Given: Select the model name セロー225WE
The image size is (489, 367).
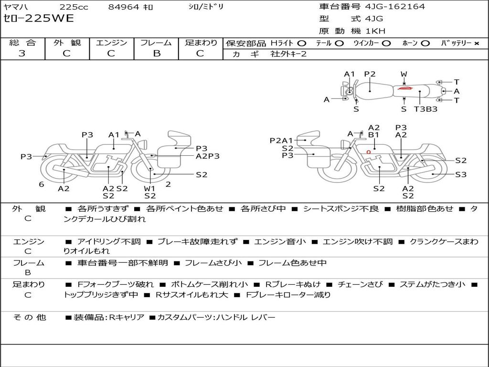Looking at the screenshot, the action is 39,19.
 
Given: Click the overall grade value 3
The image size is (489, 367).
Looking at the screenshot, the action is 22,54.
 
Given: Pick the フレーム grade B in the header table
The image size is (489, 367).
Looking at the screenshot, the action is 157,54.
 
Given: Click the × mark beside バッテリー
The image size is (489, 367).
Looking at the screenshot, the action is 477,43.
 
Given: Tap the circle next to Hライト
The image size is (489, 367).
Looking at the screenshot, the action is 302,43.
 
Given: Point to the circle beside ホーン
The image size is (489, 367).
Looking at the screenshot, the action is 425,43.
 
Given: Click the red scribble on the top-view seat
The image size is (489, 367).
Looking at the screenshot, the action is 404,88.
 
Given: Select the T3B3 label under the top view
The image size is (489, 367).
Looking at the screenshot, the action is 425,109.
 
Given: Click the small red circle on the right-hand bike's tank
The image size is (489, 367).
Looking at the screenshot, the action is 369,152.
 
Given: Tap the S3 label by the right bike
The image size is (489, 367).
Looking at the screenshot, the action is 461,174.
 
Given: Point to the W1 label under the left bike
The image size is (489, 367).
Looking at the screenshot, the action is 149,188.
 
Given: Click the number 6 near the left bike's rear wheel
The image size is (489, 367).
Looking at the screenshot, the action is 42,184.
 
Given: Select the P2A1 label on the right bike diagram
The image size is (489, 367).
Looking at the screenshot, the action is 281,141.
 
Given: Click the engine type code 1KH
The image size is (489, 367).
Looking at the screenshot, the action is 375,31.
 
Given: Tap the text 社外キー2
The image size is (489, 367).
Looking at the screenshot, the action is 288,54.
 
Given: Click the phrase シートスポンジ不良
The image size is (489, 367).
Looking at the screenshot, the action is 341,209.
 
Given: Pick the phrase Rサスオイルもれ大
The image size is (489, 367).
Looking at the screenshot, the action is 192,294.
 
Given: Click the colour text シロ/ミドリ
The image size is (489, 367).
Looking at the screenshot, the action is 206,7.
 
